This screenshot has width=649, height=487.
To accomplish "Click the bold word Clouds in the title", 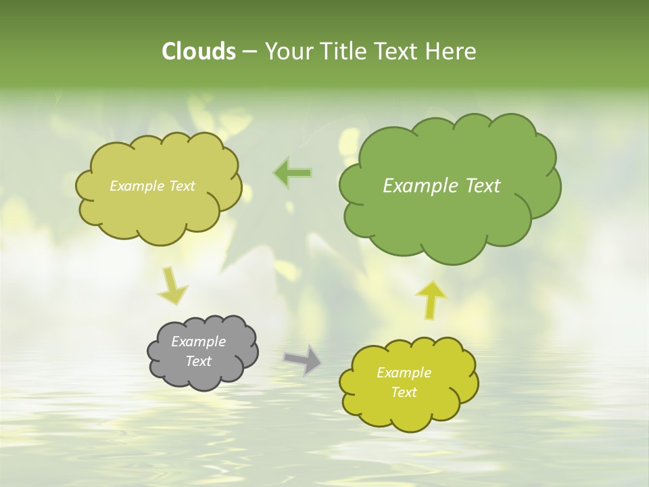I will [198, 51].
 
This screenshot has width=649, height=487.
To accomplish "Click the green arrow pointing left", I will [293, 174].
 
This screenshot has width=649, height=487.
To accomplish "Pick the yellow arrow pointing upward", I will [431, 298].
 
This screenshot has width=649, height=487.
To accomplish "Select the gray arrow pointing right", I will [303, 359].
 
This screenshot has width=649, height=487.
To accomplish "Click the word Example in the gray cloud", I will [198, 342].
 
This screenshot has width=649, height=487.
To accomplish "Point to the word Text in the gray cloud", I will [198, 361].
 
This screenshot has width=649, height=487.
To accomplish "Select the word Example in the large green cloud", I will [417, 186].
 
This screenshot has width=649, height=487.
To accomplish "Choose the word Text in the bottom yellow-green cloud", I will [404, 392].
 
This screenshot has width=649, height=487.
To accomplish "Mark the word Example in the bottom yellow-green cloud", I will [404, 373].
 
